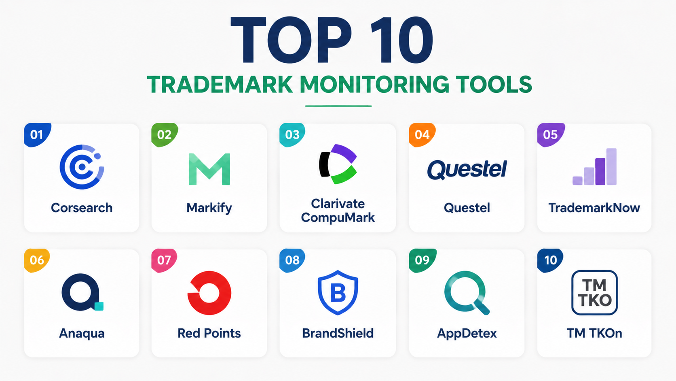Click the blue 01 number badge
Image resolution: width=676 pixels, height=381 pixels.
[37, 135]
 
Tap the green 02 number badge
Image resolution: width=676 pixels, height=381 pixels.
[164, 135]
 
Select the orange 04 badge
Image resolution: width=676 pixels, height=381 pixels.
[422, 135]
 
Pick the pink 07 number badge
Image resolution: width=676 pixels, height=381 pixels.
[164, 260]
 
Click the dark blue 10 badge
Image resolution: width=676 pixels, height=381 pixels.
[550, 260]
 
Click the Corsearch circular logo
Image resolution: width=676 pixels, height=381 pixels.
[82, 167]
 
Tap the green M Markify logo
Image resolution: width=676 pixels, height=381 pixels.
[209, 169]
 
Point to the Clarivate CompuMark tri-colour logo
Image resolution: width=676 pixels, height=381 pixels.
[338, 164]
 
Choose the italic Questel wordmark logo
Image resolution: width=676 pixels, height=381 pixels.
[467, 170]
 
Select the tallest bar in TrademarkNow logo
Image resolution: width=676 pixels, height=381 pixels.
[611, 166]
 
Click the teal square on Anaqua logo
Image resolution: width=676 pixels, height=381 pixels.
[99, 306]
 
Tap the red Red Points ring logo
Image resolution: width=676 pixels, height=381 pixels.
[209, 293]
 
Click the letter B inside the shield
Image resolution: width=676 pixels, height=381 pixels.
[338, 293]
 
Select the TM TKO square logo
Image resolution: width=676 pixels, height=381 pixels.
[594, 292]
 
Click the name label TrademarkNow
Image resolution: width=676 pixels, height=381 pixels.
[594, 208]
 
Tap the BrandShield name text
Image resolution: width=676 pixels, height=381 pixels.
[338, 333]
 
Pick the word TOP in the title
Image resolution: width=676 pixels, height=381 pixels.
[292, 40]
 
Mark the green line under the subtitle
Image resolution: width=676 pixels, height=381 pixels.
[338, 106]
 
